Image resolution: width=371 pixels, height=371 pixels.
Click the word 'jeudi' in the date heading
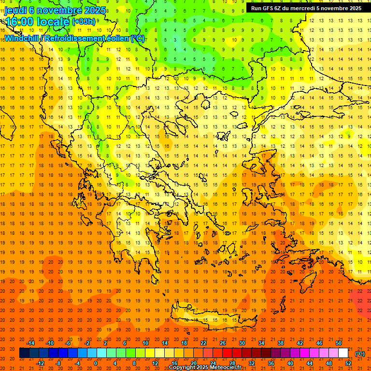pyautogui.click(x=15, y=10)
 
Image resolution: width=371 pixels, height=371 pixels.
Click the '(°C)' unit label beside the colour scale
pyautogui.click(x=360, y=354)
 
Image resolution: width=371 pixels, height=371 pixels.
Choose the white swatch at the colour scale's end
pyautogui.click(x=343, y=353)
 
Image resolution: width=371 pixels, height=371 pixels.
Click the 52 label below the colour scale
pyautogui.click(x=348, y=363)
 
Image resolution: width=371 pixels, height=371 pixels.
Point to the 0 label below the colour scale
pyautogui.click(x=95, y=363)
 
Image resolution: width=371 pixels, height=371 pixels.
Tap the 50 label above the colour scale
pyautogui.click(x=338, y=343)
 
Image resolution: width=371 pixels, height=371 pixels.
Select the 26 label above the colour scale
pyautogui.click(x=222, y=343)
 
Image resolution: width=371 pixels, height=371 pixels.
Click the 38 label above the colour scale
pyautogui.click(x=280, y=343)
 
